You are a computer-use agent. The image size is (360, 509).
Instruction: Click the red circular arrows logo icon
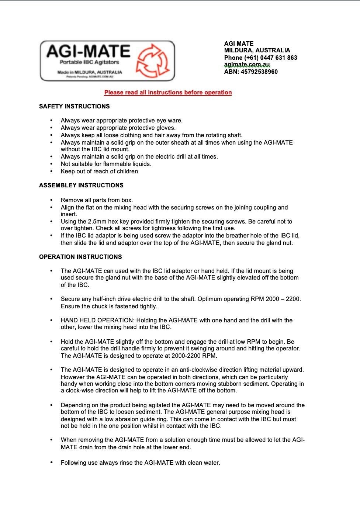(153, 61)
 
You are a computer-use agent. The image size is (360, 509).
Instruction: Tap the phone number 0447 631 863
(278, 58)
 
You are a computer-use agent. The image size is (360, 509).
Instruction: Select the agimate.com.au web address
(247, 65)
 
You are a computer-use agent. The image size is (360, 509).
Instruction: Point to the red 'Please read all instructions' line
(168, 92)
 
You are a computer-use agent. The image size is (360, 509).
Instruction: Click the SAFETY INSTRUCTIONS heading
(75, 106)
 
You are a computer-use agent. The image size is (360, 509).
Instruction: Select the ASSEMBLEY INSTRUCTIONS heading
(81, 185)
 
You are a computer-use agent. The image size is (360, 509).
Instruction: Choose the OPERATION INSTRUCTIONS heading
(80, 257)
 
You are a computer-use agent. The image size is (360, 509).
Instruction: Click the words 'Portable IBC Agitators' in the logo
(89, 62)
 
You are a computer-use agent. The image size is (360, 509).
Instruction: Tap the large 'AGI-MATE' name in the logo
(89, 51)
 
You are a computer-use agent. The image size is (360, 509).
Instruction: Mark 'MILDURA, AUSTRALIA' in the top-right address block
(257, 50)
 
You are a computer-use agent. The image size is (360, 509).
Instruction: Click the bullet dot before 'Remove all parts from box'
(52, 200)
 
